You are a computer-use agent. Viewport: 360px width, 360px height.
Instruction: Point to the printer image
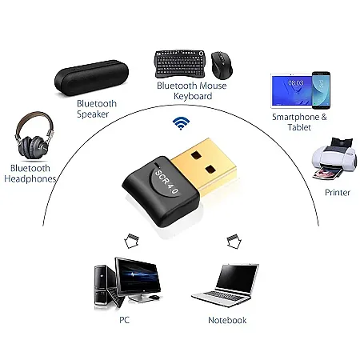[x=331, y=159]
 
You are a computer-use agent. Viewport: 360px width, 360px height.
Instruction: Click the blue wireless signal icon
[x=182, y=122]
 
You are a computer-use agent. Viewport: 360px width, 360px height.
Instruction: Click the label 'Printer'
[x=337, y=193]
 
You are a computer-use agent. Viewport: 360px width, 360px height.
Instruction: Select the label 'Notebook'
[x=227, y=320]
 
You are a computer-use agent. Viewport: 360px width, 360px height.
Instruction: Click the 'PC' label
[x=123, y=320]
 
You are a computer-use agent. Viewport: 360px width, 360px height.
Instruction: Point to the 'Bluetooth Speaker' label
[x=97, y=109]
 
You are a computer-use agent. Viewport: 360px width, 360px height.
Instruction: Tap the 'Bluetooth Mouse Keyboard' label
[x=192, y=90]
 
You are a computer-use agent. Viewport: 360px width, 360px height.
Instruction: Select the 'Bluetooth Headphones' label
[x=32, y=174]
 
